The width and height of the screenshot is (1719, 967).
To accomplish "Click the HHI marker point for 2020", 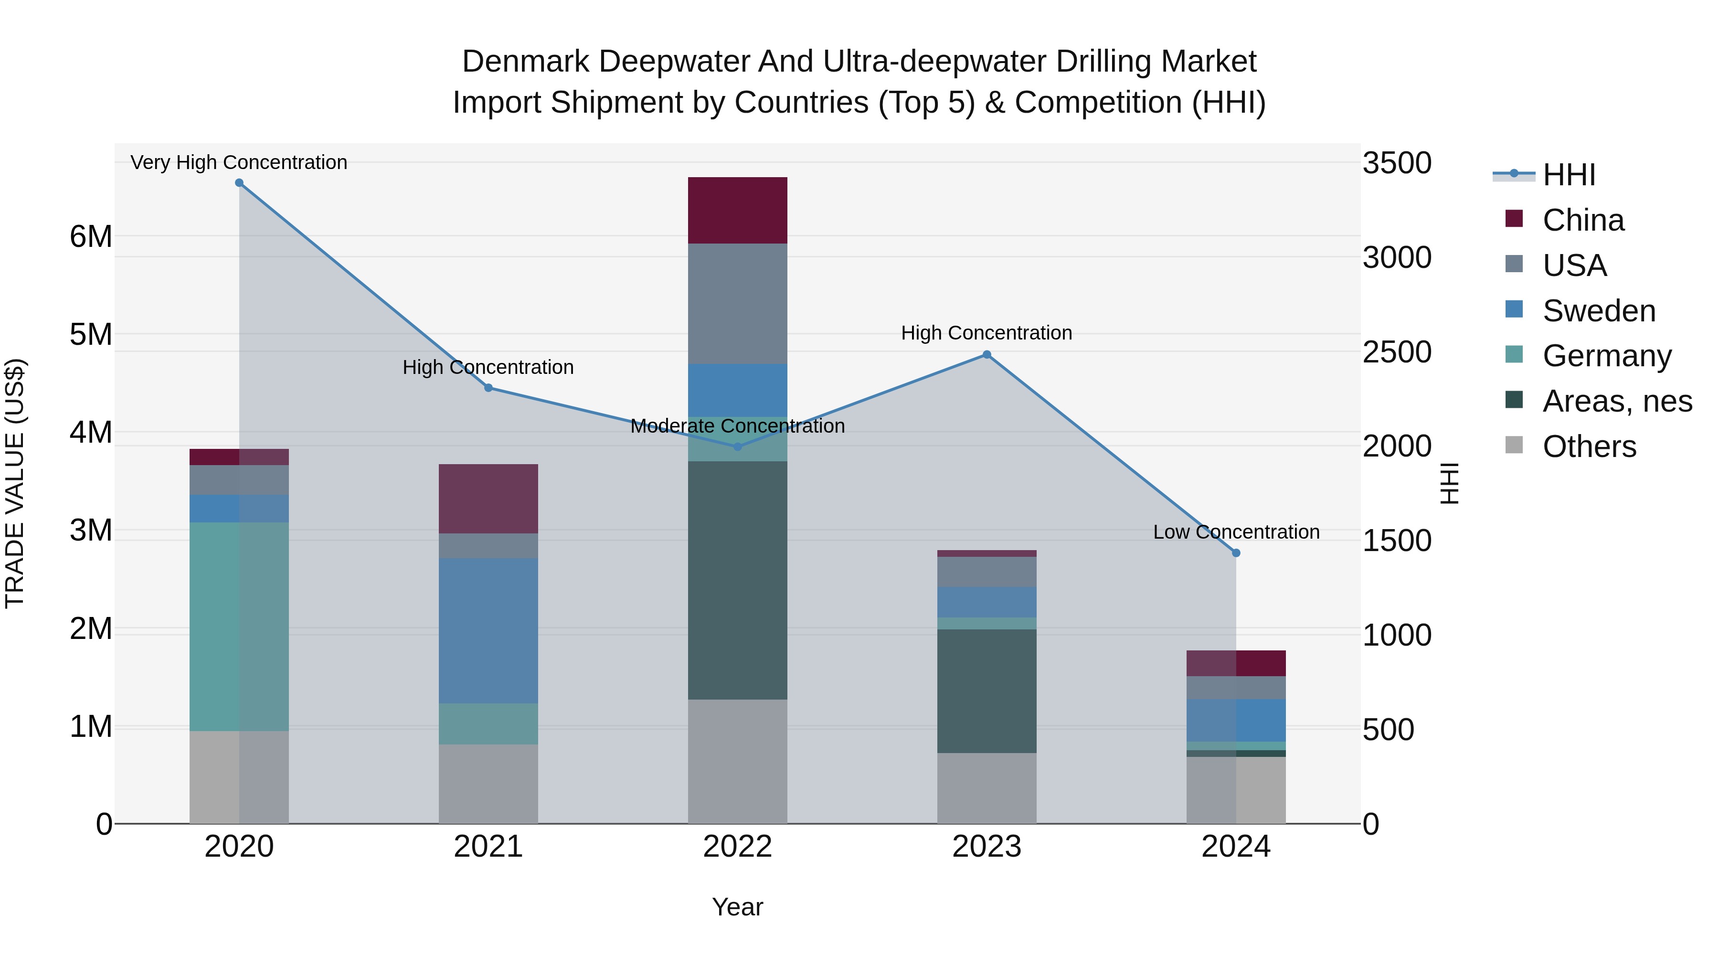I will point(239,183).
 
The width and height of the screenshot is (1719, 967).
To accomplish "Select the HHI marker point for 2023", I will point(987,355).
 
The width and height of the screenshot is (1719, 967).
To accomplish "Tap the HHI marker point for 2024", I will point(1236,553).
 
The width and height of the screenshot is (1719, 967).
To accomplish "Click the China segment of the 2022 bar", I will point(737,210).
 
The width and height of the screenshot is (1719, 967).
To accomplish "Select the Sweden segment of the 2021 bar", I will point(488,631).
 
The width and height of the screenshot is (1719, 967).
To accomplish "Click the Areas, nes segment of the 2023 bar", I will point(987,691).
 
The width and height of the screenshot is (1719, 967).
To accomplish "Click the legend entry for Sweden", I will point(1598,311).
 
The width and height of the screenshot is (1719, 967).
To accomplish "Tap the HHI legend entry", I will point(1568,175).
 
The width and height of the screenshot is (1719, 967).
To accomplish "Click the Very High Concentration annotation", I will point(239,162).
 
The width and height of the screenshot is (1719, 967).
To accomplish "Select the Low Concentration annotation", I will point(1236,532).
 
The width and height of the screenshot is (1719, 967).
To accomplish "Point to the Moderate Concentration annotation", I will point(737,426).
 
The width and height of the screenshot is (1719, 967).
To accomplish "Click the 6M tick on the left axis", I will point(91,236).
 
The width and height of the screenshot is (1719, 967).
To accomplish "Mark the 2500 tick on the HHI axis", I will point(1397,352).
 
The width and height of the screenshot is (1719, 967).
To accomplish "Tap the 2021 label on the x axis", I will point(488,847).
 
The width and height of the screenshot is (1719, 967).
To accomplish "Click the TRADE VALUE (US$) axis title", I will point(15,483).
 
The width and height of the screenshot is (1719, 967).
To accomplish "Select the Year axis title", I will point(737,907).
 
